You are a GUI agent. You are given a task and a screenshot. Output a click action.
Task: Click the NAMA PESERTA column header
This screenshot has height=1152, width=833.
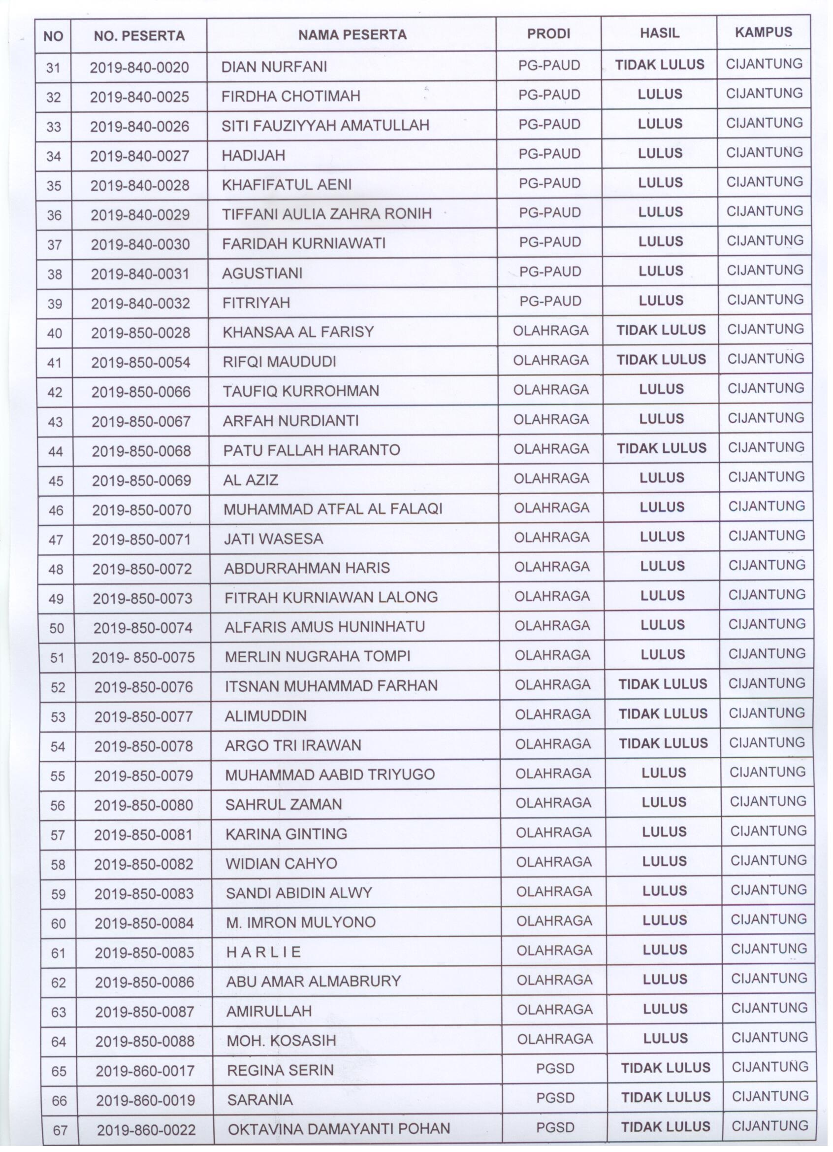pyautogui.click(x=352, y=34)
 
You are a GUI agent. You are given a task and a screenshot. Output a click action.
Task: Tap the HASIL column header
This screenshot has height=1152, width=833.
pyautogui.click(x=659, y=34)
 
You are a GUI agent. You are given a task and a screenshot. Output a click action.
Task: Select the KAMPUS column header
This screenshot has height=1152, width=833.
pyautogui.click(x=763, y=33)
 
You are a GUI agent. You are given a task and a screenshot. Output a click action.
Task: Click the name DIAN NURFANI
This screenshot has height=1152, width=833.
pyautogui.click(x=274, y=67)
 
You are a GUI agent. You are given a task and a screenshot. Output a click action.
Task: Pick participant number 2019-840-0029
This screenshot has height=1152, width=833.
pyautogui.click(x=140, y=215)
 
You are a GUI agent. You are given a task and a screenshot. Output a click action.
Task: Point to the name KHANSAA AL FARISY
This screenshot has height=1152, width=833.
pyautogui.click(x=298, y=332)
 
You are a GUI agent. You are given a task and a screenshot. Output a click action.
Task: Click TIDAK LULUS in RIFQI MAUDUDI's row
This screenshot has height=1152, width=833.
pyautogui.click(x=661, y=360)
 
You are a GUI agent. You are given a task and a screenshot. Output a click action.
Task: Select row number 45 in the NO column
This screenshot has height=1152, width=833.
pyautogui.click(x=55, y=480)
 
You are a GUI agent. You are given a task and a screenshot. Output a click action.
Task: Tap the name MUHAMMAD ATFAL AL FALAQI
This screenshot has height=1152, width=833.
pyautogui.click(x=333, y=509)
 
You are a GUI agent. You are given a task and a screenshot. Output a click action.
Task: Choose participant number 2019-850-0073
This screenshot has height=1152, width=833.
pyautogui.click(x=142, y=598)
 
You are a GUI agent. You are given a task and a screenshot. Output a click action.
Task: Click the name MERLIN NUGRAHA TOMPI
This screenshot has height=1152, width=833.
pyautogui.click(x=318, y=656)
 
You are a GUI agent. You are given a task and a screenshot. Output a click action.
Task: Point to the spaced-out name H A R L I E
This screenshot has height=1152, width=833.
pyautogui.click(x=263, y=952)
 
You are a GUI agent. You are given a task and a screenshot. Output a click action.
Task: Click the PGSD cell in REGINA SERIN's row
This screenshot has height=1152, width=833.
pyautogui.click(x=555, y=1068)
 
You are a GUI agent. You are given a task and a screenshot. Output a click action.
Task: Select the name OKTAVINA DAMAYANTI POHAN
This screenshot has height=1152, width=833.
pyautogui.click(x=339, y=1129)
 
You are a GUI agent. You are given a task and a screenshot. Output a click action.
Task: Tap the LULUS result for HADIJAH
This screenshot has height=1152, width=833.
pyautogui.click(x=660, y=153)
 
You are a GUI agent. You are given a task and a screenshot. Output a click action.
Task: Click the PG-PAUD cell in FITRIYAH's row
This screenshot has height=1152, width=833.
pyautogui.click(x=550, y=301)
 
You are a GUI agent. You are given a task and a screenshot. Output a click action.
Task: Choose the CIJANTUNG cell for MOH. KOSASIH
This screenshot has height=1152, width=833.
pyautogui.click(x=769, y=1037)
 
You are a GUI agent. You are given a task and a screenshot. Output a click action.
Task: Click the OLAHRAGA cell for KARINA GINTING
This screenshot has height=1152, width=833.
pyautogui.click(x=553, y=833)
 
